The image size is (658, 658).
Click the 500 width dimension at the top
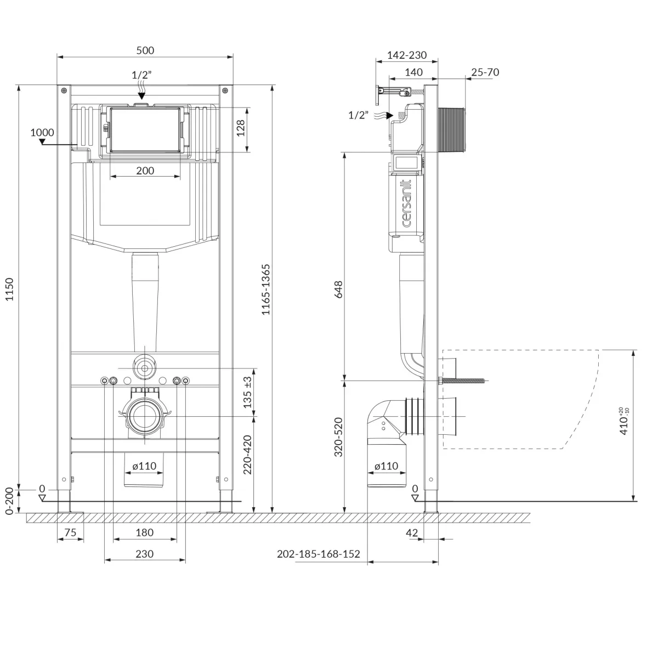[x=145, y=50]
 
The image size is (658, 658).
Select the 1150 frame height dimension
[x=9, y=289]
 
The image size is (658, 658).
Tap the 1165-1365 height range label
[x=265, y=289]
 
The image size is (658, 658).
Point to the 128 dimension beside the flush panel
[x=241, y=128]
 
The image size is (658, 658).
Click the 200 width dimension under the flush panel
[x=145, y=171]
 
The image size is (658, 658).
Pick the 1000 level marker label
[x=42, y=133]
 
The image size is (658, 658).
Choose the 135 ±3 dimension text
[x=247, y=393]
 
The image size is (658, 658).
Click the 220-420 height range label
[x=247, y=455]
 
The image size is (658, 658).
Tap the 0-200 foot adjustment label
[x=9, y=501]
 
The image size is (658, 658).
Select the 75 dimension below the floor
[x=70, y=532]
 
